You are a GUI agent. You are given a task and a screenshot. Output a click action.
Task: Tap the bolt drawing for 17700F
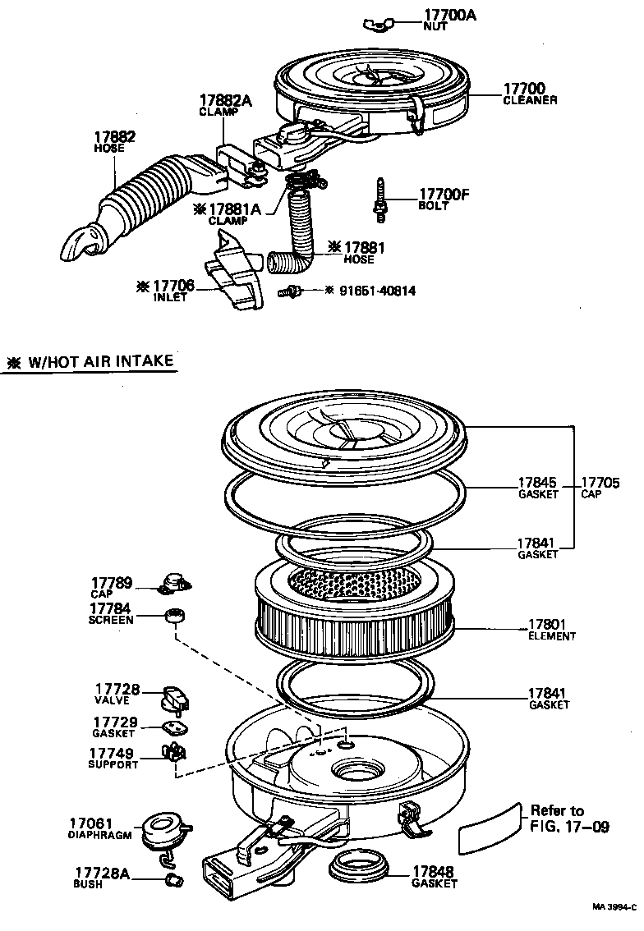click(380, 199)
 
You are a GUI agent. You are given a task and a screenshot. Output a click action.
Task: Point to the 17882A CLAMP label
click(224, 105)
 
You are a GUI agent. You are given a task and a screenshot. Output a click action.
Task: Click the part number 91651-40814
click(380, 291)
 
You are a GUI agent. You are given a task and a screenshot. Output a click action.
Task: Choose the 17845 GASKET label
click(537, 488)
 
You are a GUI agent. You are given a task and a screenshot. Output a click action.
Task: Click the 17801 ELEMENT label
click(551, 629)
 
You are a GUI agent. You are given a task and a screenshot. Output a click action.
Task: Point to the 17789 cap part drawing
click(174, 582)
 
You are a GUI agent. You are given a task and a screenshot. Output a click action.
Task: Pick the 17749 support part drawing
click(174, 751)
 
